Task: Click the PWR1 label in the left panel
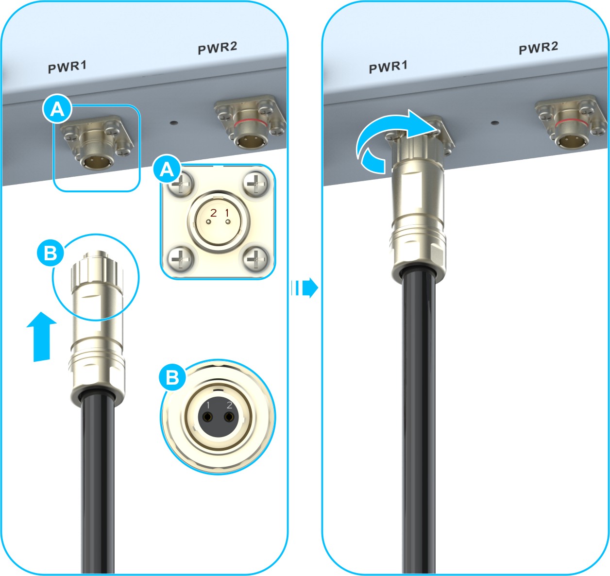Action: (67, 67)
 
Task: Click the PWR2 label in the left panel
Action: (218, 48)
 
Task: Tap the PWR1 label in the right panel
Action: (388, 67)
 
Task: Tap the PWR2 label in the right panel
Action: (539, 48)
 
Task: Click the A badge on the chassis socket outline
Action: (57, 109)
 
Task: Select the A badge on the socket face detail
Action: (167, 169)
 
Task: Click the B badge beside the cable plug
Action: (51, 253)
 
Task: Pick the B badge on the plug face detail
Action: (172, 377)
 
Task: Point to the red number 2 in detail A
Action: (214, 213)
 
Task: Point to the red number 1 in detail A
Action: (227, 213)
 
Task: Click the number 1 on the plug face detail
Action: (208, 406)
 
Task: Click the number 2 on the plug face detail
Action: (229, 406)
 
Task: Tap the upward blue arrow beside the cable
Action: (41, 337)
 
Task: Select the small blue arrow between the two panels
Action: (305, 288)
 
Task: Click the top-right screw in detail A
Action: (255, 185)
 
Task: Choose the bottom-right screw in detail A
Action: (255, 259)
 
